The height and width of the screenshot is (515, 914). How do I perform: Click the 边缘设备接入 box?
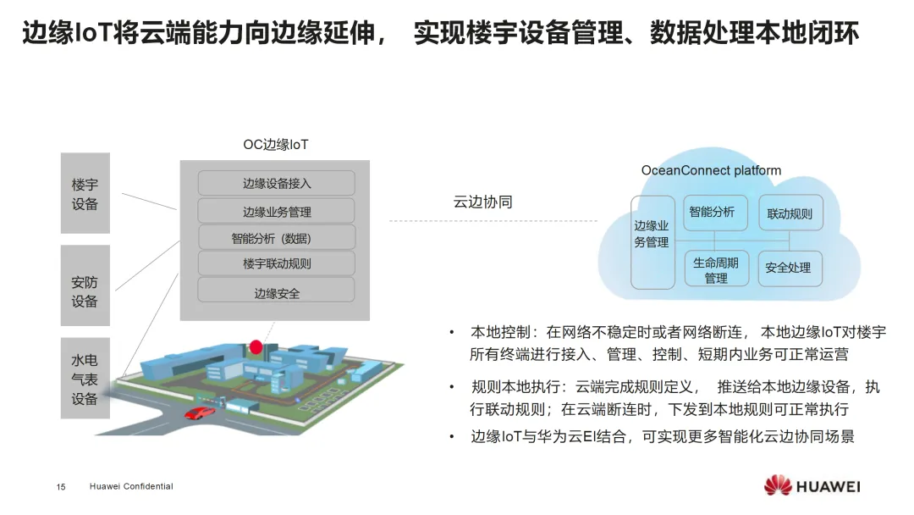277,183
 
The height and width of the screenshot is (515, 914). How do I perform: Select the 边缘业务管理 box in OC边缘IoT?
277,211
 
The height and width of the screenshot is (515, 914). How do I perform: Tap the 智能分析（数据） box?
277,238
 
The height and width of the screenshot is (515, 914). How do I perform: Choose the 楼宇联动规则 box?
277,263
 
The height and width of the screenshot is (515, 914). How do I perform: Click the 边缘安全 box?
277,292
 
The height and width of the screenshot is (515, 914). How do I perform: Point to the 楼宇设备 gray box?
85,193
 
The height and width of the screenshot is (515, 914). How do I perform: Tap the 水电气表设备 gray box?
85,379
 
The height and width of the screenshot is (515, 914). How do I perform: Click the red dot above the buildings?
256,346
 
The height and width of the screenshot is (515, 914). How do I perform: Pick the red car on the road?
201,413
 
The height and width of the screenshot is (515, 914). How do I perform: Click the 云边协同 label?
483,202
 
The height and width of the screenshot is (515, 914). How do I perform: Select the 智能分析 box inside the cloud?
716,213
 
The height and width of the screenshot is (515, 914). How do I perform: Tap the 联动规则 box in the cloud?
789,214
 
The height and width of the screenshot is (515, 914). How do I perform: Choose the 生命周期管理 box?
716,270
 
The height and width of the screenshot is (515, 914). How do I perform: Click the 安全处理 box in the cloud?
788,268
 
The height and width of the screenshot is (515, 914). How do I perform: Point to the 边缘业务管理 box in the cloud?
652,242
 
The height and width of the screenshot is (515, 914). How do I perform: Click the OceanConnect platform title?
711,170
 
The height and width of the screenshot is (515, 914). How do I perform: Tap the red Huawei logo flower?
776,485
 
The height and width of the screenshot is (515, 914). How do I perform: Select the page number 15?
61,487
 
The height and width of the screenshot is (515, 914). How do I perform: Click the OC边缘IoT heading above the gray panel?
276,145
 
